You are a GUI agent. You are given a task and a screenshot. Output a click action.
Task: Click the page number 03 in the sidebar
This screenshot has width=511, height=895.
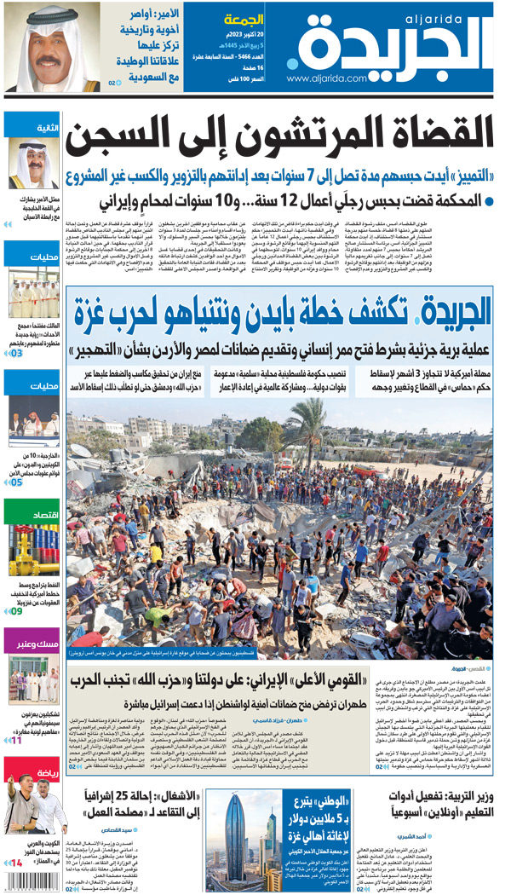pyautogui.click(x=16, y=352)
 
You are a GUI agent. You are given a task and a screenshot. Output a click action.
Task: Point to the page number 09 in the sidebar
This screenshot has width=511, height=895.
pyautogui.click(x=16, y=610)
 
